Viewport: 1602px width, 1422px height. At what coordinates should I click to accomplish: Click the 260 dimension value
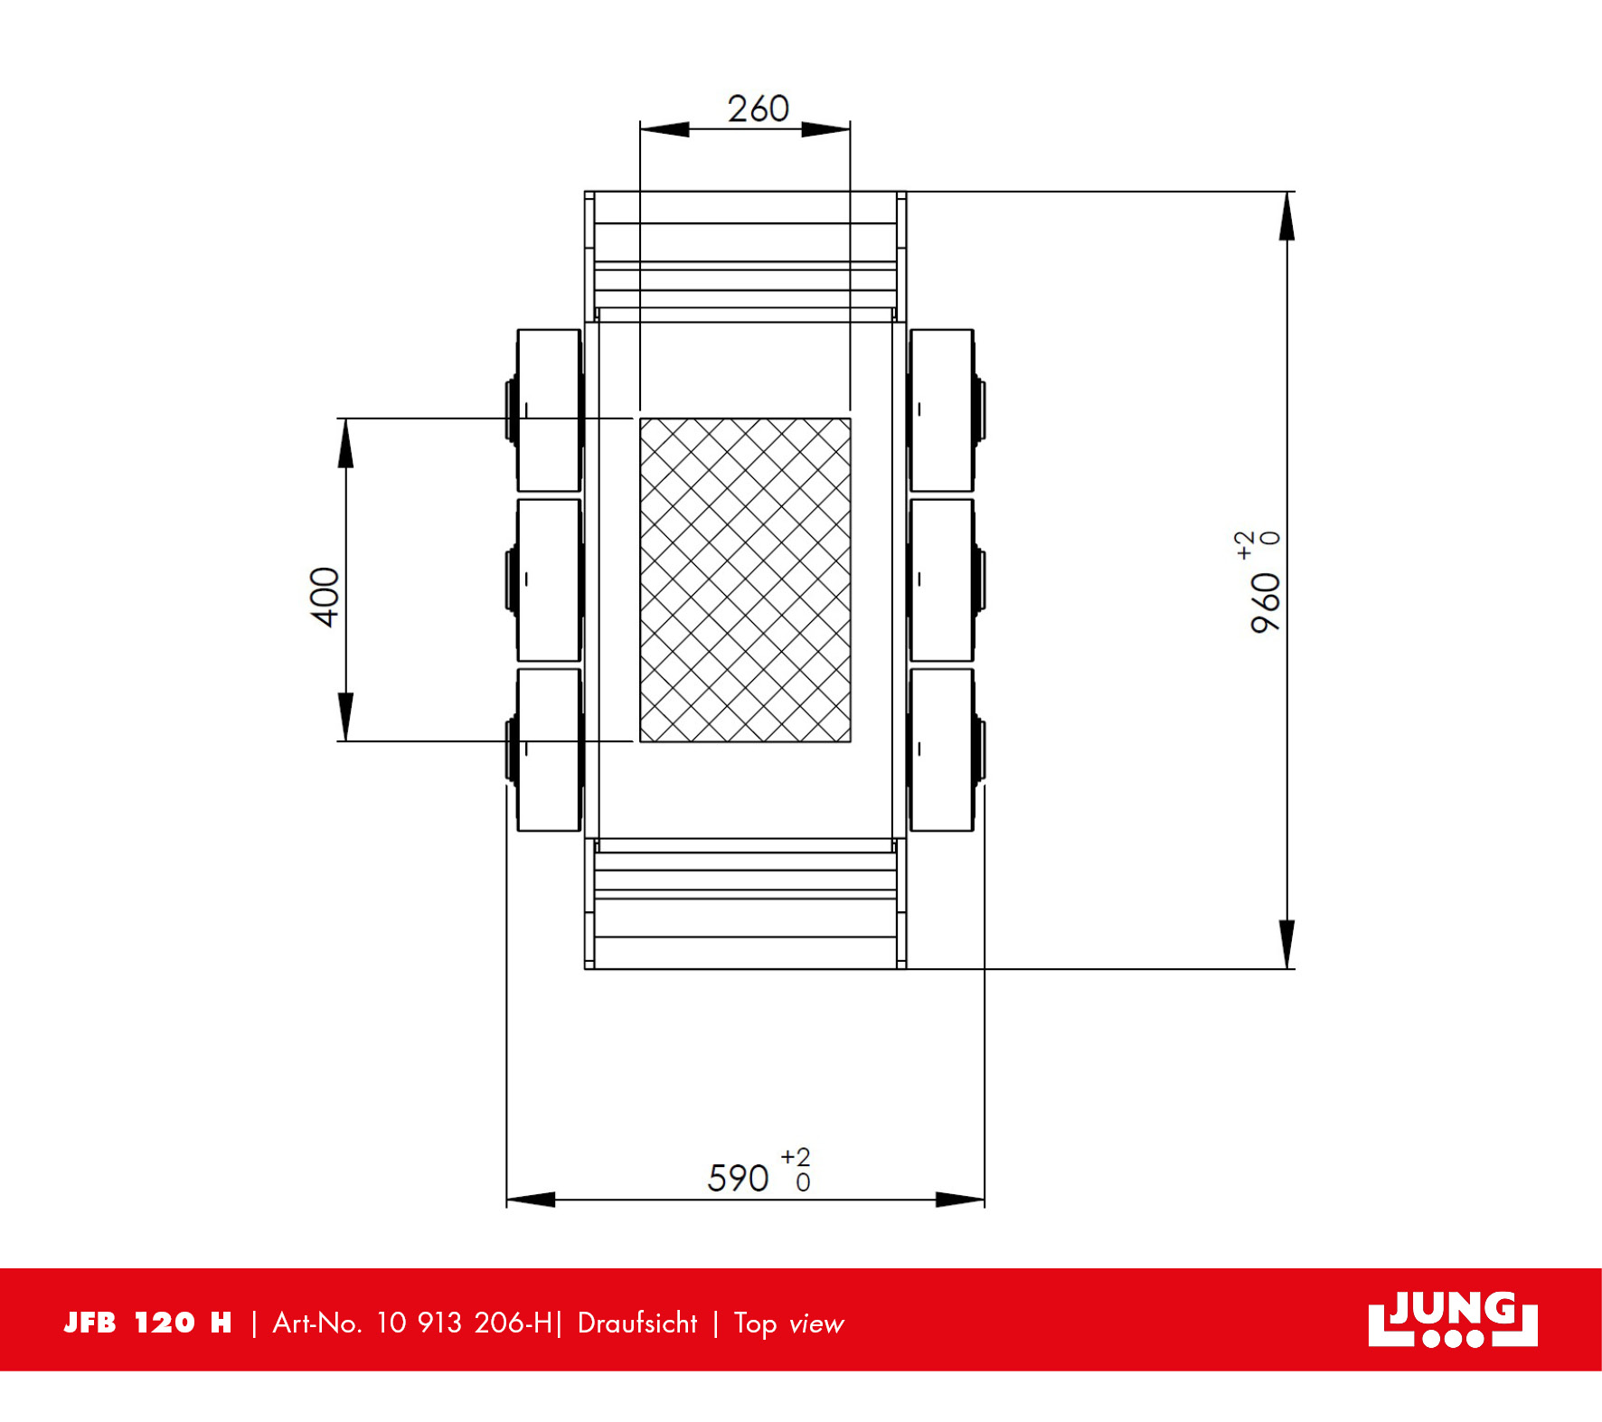[x=759, y=109]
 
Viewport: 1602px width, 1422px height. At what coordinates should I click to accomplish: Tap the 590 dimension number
[x=738, y=1178]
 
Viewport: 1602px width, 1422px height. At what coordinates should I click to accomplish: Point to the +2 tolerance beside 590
[x=796, y=1157]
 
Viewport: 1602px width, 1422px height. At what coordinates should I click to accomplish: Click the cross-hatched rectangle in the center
[x=745, y=579]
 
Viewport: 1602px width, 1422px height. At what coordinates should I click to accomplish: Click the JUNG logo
[x=1452, y=1319]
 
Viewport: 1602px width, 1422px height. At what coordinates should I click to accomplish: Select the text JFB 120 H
[x=147, y=1323]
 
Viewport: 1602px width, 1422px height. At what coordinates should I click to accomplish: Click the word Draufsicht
[x=637, y=1323]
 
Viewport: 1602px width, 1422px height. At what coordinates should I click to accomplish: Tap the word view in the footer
[x=815, y=1324]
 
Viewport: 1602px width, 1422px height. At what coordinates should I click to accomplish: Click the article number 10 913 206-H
[x=464, y=1323]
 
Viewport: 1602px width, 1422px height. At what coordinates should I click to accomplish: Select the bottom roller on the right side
[x=942, y=749]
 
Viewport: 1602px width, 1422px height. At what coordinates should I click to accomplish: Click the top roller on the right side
[x=942, y=410]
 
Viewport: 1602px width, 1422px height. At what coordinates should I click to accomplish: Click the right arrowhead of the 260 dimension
[x=825, y=129]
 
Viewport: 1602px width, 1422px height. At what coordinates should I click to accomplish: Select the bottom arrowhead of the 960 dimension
[x=1286, y=945]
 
